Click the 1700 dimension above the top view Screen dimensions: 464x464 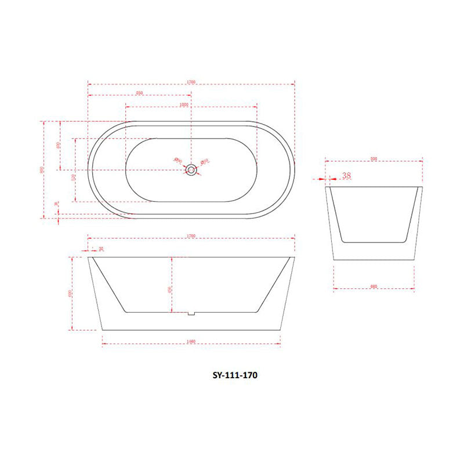[191, 82]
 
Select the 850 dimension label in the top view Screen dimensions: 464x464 [139, 93]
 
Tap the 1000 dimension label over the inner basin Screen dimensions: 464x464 [184, 105]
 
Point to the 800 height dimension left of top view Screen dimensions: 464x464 [42, 169]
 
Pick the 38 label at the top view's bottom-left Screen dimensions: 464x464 [56, 204]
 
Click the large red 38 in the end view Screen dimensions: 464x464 [347, 176]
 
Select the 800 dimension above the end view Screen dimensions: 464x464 [374, 158]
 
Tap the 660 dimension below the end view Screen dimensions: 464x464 [374, 287]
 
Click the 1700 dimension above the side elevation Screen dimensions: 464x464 [191, 237]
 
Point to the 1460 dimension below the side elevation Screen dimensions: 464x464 [191, 342]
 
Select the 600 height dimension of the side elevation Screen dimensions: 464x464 [70, 293]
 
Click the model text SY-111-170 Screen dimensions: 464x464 [234, 375]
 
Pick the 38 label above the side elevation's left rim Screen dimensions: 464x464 [100, 249]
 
